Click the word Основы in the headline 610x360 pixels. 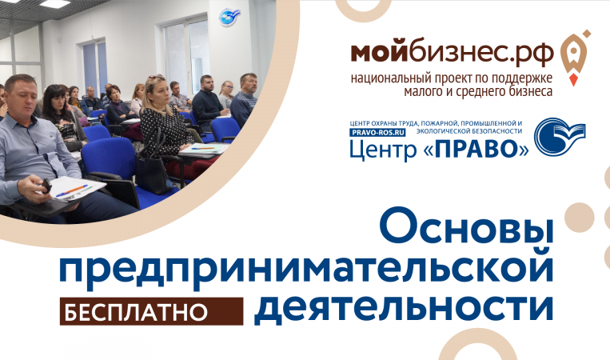click(x=466, y=226)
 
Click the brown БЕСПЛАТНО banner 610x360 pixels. click(x=151, y=312)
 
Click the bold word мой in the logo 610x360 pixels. click(x=379, y=53)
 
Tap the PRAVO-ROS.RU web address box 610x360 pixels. click(x=377, y=132)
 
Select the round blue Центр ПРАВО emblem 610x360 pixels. click(x=559, y=136)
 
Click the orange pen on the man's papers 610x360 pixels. click(x=73, y=190)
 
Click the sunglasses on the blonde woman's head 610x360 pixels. click(x=156, y=77)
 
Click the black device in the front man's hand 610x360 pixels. click(x=46, y=186)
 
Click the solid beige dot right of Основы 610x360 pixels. click(x=580, y=217)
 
